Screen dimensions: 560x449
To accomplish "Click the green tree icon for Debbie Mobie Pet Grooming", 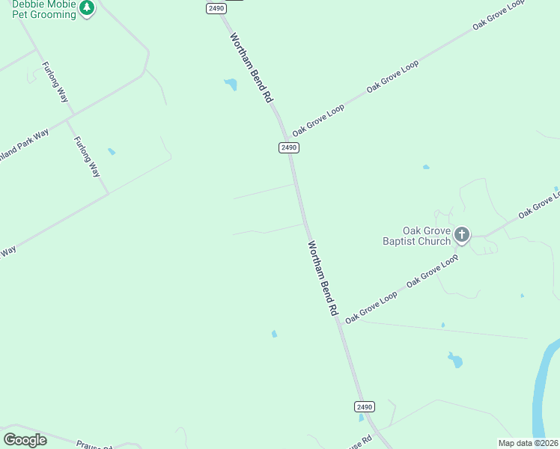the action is click(x=88, y=8).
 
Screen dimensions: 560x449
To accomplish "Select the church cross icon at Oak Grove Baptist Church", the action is click(x=462, y=236).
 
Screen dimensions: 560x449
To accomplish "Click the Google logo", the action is click(x=25, y=439).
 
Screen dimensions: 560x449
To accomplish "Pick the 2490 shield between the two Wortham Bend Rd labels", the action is click(x=289, y=147).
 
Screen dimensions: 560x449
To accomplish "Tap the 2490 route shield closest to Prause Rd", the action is click(x=364, y=406).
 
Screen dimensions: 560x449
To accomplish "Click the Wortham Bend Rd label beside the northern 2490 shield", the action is click(x=251, y=67).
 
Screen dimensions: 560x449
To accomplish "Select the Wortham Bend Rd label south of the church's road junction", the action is click(x=323, y=278).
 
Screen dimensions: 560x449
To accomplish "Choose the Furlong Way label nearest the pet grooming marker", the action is click(x=55, y=80).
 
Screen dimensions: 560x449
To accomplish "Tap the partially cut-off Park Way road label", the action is click(x=25, y=144).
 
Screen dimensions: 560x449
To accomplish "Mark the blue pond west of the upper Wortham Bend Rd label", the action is click(x=230, y=85).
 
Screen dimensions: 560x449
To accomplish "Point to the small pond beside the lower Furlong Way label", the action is click(x=112, y=151).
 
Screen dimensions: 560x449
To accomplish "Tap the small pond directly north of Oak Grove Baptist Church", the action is click(x=426, y=167).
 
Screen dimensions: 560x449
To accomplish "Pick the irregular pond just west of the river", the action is click(x=454, y=360).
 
